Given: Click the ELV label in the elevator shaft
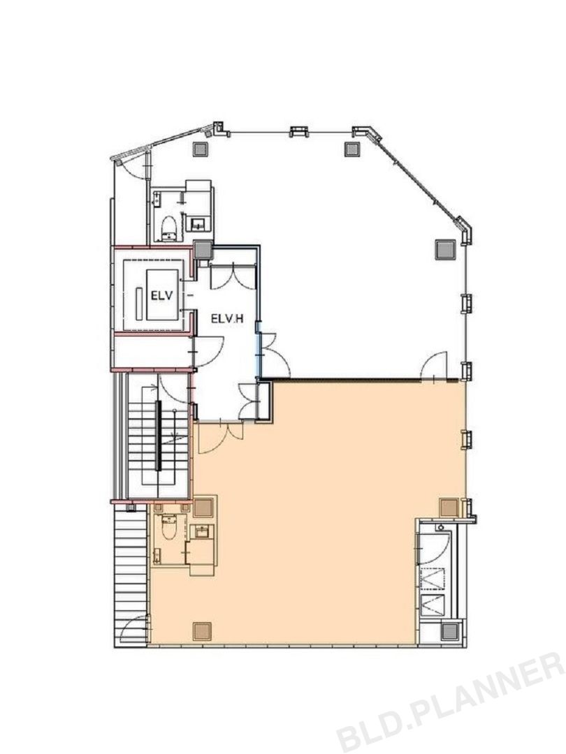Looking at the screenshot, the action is click(x=161, y=295).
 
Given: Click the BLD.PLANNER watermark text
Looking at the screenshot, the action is click(x=451, y=704).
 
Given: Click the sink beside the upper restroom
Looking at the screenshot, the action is click(x=198, y=224).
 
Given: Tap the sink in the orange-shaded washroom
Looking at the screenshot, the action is click(x=202, y=531).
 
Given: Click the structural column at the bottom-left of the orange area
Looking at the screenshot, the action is click(x=202, y=631).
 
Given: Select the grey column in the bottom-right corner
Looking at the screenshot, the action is click(x=451, y=631).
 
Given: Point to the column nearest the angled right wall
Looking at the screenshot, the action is click(x=445, y=249).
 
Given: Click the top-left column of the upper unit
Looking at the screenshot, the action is click(x=201, y=149).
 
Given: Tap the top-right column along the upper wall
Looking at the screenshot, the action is click(x=352, y=149).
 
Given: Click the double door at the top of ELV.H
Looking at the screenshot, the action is click(x=233, y=276).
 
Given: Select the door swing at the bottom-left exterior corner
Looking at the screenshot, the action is click(x=133, y=629).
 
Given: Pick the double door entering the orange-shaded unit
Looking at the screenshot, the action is click(x=222, y=438).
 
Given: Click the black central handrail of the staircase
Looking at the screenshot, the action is click(x=158, y=435).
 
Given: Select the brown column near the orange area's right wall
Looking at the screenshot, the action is click(x=449, y=508).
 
